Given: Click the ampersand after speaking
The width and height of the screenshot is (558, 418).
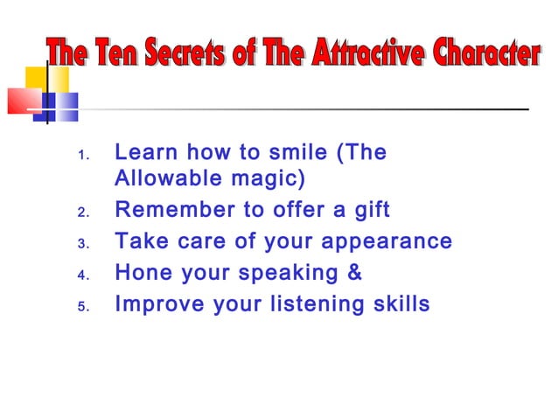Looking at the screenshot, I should tap(354, 273).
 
